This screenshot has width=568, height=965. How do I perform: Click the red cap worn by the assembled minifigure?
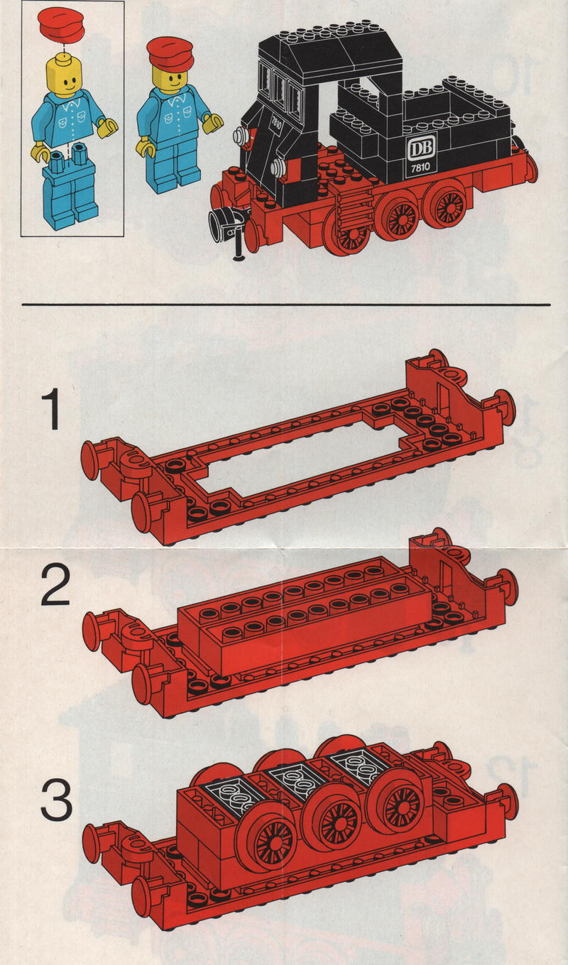(x=170, y=55)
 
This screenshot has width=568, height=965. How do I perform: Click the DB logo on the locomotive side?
(x=421, y=147)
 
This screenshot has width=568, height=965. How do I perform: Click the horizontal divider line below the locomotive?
(x=286, y=305)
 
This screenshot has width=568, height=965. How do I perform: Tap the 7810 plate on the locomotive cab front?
(x=275, y=124)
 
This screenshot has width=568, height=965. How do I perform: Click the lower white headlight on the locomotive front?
(x=278, y=165)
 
